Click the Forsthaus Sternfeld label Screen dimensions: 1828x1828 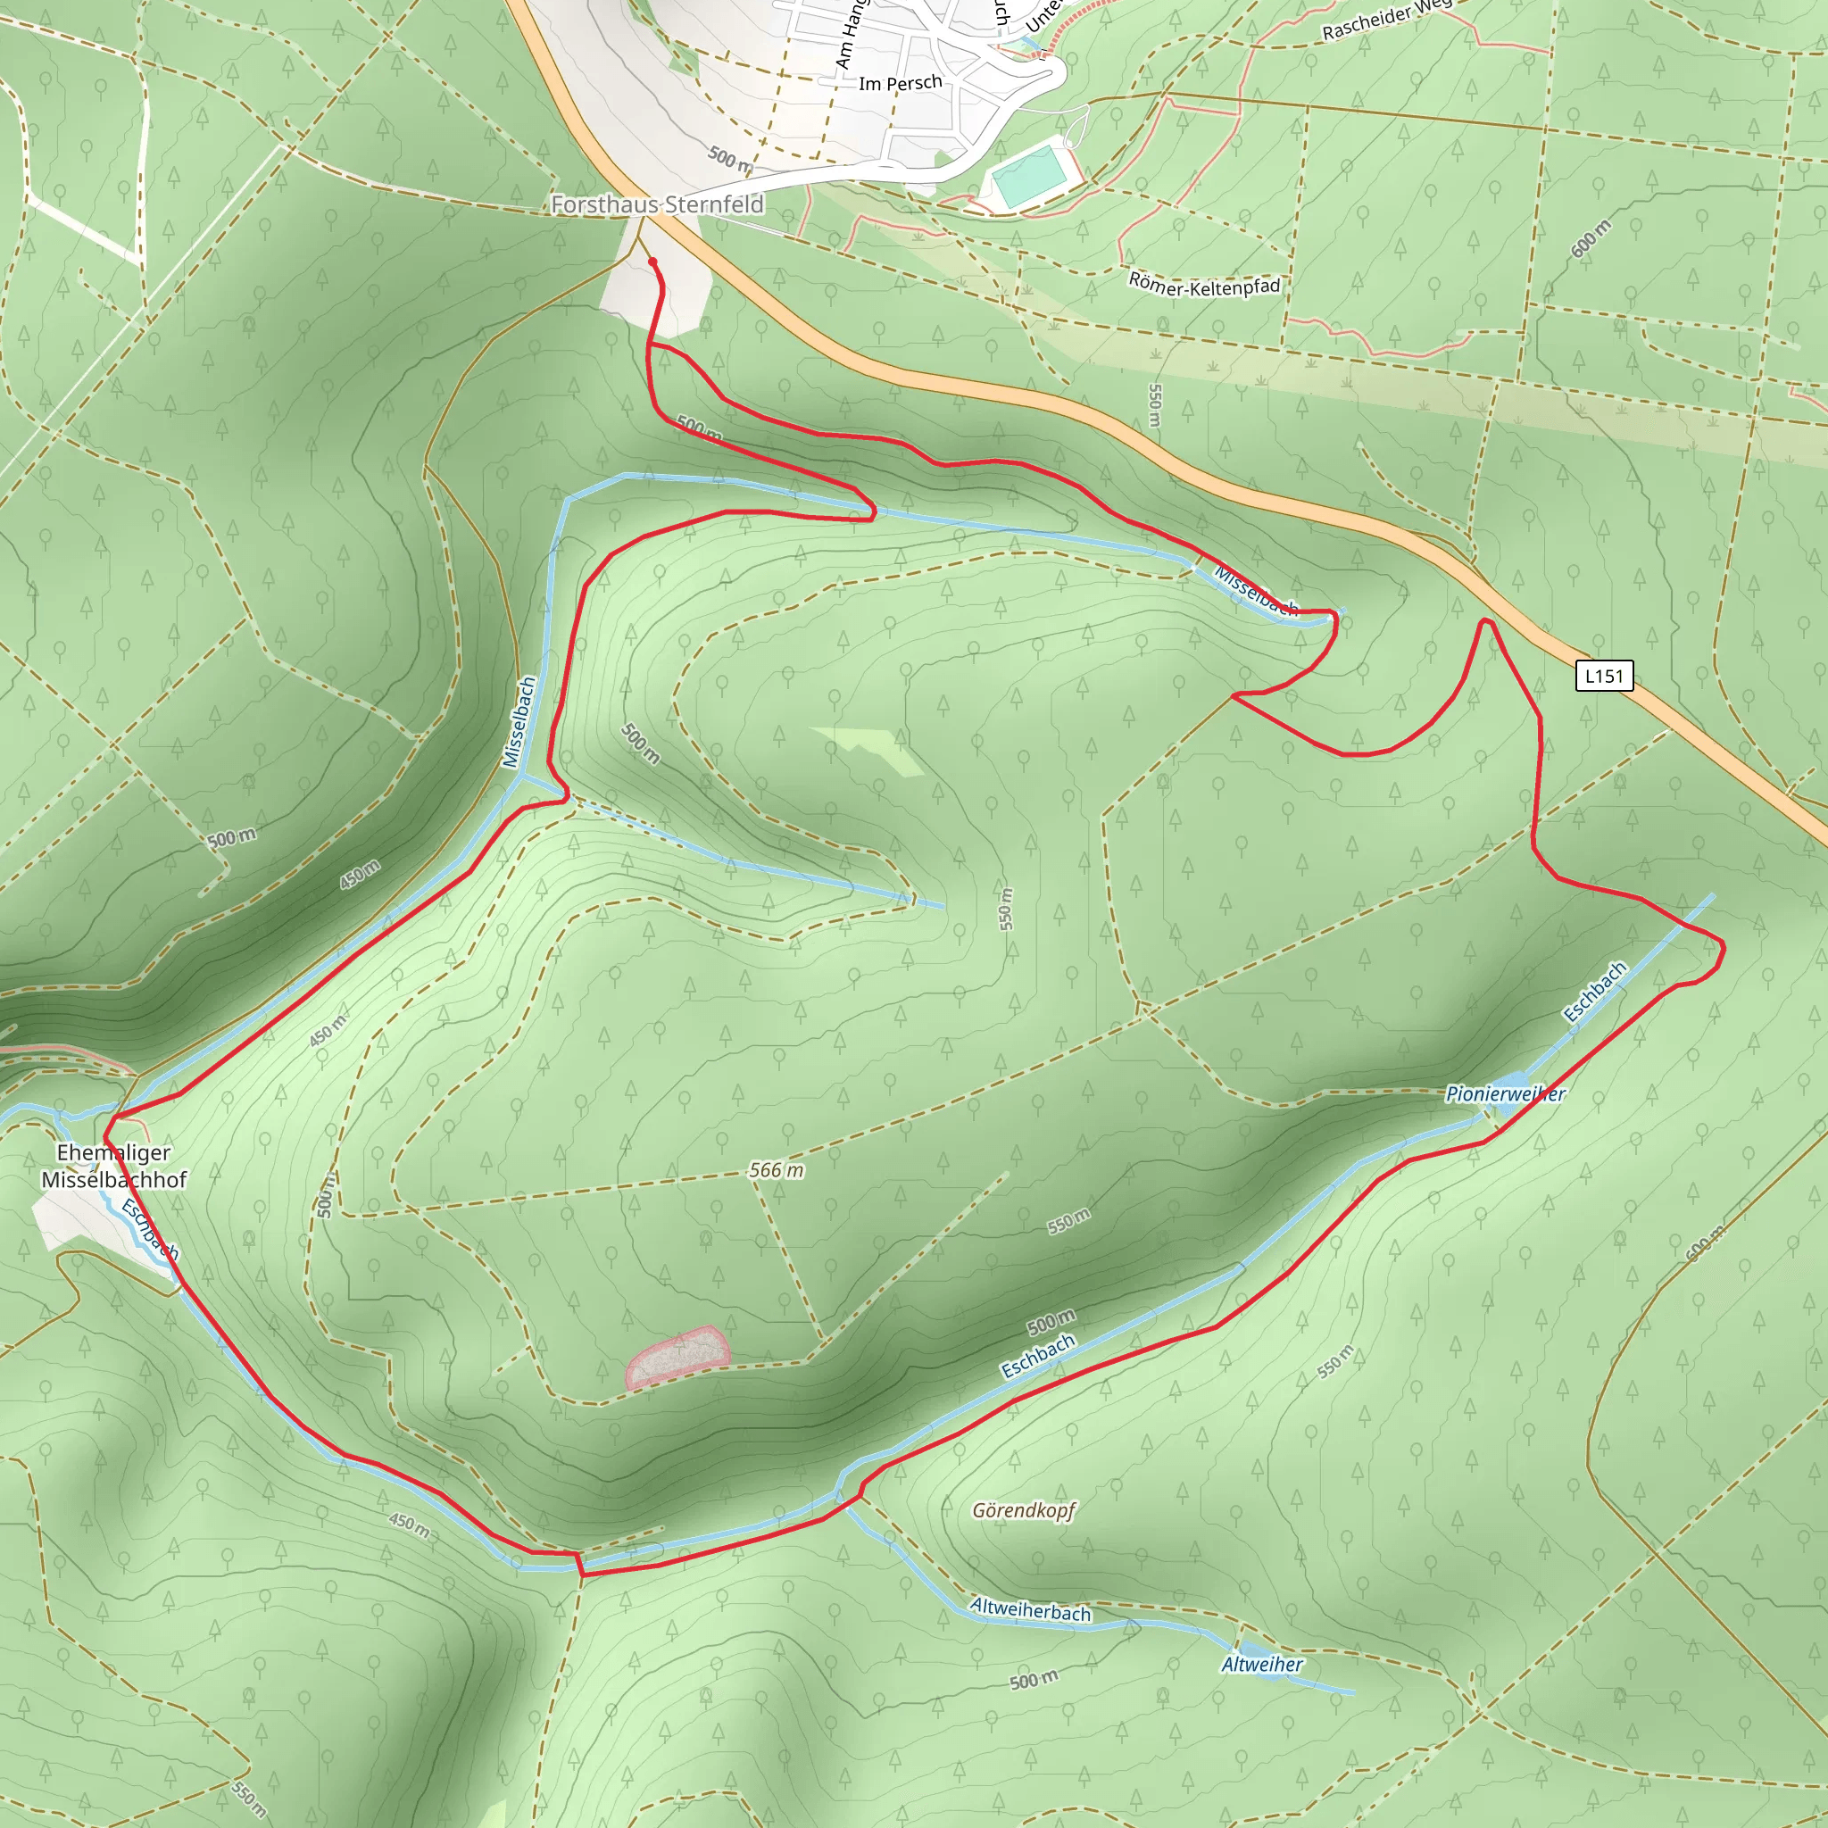(x=657, y=204)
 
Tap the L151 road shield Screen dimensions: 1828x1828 (x=1604, y=676)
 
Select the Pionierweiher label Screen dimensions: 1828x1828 (x=1506, y=1094)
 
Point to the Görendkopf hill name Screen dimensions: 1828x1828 (x=1024, y=1510)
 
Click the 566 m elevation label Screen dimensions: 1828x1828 (x=776, y=1170)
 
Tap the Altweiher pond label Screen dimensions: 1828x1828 (x=1261, y=1665)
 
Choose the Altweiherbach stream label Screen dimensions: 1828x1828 (x=1030, y=1609)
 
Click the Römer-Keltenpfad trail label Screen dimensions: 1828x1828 (x=1203, y=285)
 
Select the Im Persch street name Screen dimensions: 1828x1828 (x=900, y=83)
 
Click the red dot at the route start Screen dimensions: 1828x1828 (x=652, y=262)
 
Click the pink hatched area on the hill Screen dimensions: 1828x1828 (x=677, y=1356)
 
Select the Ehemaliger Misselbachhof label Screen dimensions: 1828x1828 (x=113, y=1166)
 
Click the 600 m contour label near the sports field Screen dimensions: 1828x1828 (x=1591, y=238)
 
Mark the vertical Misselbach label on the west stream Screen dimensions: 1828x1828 (x=519, y=722)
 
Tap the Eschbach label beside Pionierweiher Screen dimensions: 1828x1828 (x=1594, y=992)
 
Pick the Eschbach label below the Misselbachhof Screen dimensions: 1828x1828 (x=149, y=1228)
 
